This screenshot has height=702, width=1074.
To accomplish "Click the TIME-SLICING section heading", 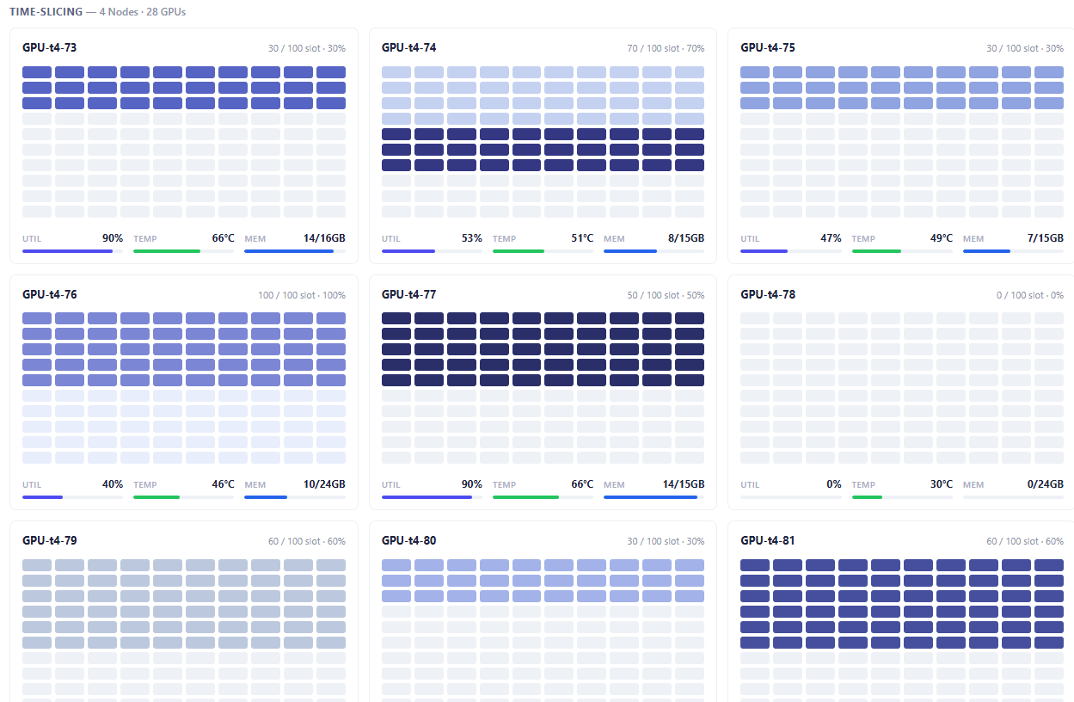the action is [46, 12].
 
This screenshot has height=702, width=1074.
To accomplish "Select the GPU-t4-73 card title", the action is [49, 47].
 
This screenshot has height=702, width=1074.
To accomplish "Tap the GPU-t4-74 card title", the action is [408, 47].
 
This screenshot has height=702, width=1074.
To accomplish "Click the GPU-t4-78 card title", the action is [768, 294].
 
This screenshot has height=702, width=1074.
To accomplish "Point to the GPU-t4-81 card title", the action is [768, 540].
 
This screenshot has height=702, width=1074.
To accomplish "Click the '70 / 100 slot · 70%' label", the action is [666, 48].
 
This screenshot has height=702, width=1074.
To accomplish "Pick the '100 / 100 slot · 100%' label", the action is [302, 295].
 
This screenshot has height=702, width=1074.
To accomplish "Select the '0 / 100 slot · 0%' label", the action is [1030, 295].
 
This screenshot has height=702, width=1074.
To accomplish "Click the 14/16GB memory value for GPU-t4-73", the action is [324, 238].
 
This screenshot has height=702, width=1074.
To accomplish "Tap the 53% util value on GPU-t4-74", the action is [472, 238].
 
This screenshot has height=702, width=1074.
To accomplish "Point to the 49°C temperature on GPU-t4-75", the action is [942, 238].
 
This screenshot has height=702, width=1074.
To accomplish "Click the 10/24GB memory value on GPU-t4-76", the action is [324, 484].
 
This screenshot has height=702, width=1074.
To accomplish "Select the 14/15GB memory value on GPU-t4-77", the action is [684, 484].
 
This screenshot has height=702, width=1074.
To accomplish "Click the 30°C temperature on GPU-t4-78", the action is [942, 484].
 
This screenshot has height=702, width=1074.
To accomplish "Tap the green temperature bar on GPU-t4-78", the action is [867, 497].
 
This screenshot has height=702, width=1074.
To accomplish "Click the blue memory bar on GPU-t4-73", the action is [289, 251].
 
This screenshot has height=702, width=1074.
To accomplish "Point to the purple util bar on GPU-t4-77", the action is [427, 497].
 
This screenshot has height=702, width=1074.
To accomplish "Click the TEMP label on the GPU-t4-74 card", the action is [504, 238].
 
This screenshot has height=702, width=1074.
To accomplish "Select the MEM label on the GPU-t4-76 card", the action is [255, 484].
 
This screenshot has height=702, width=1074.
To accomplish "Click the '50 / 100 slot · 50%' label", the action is [666, 295].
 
